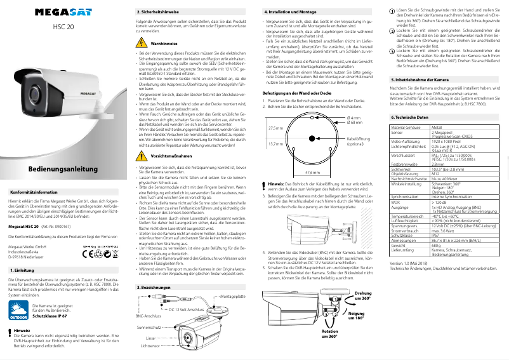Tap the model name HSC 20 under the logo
click(62, 27)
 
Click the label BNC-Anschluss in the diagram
click(149, 316)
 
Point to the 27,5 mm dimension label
click(275, 128)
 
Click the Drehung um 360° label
click(362, 295)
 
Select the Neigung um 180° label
click(357, 316)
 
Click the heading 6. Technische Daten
click(409, 118)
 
